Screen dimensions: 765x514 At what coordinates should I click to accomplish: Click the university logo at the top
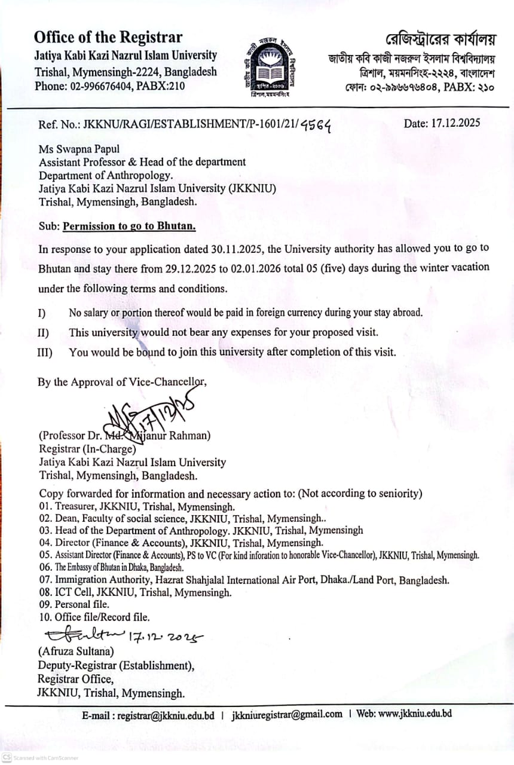270,66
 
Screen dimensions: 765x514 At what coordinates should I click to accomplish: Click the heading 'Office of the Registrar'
108,37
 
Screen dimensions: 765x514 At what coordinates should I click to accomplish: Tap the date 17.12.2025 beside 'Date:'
455,124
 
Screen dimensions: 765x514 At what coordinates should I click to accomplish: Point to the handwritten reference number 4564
315,124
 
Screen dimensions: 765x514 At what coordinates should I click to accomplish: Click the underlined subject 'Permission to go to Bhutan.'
129,227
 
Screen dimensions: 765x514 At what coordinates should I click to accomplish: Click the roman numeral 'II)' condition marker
44,332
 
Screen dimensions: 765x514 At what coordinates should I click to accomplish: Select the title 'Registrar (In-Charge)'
87,449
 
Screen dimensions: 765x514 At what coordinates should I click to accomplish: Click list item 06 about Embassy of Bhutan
111,567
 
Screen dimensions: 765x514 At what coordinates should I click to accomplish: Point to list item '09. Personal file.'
74,604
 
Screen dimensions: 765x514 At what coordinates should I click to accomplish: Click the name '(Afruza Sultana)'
76,651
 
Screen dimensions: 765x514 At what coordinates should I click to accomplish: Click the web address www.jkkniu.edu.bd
414,714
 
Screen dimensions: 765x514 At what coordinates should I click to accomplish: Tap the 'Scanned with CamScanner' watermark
40,757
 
